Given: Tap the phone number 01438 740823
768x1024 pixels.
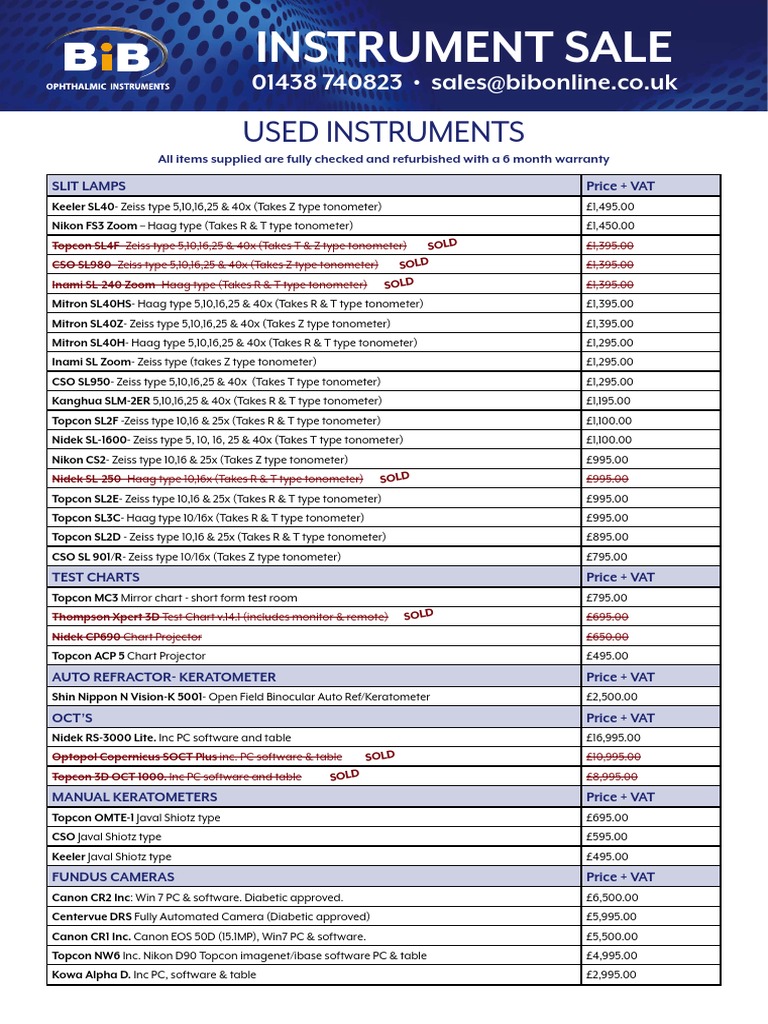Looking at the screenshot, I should [328, 83].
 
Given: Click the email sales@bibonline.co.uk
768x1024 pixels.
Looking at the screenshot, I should [554, 83].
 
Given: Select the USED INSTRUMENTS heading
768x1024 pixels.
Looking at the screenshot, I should [384, 132].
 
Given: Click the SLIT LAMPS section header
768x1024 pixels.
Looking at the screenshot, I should [89, 186].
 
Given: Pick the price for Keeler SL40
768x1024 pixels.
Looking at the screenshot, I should [610, 206].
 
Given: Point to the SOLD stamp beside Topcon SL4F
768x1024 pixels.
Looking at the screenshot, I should [441, 244].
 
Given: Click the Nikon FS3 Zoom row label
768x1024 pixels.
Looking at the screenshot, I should [94, 226].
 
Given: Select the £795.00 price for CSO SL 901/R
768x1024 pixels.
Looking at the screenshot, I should [607, 557].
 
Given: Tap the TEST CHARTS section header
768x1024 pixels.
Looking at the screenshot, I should [96, 577].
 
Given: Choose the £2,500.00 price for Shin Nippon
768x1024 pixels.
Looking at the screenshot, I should [612, 697].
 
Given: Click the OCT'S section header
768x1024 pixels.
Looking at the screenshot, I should [72, 717].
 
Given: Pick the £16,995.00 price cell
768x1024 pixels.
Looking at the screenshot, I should [614, 737].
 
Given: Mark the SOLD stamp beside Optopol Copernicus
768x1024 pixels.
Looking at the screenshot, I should [380, 756].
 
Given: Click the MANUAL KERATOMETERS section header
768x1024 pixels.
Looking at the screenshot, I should [134, 797].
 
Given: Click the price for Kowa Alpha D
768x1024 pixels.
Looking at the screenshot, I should [610, 975].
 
